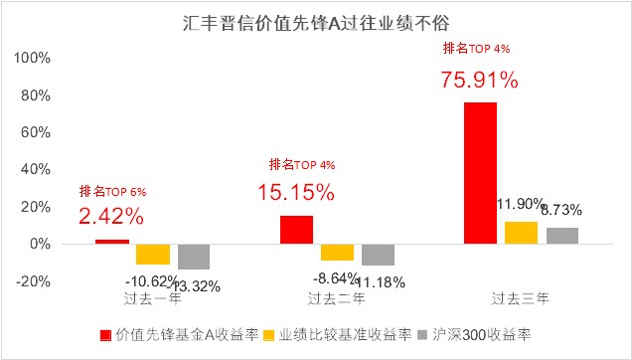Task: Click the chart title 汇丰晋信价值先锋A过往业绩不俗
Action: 316,20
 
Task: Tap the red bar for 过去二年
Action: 296,230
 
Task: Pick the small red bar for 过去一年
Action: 111,242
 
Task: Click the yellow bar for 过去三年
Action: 521,233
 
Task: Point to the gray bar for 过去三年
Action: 561,236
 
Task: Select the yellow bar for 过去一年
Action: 153,254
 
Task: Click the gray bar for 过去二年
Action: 378,255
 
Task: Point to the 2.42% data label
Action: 111,216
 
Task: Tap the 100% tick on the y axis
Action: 34,57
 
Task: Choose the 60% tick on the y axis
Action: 38,131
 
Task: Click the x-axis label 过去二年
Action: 337,297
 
